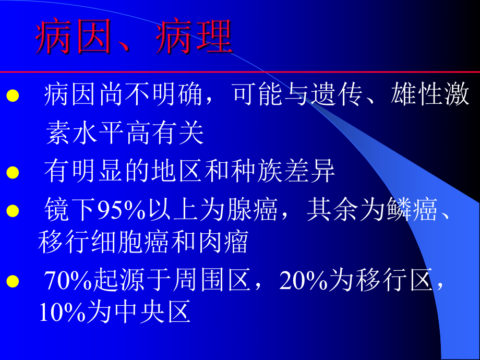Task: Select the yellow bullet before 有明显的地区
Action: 12,173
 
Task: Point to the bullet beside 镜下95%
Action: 12,211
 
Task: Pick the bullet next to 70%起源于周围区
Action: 12,282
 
